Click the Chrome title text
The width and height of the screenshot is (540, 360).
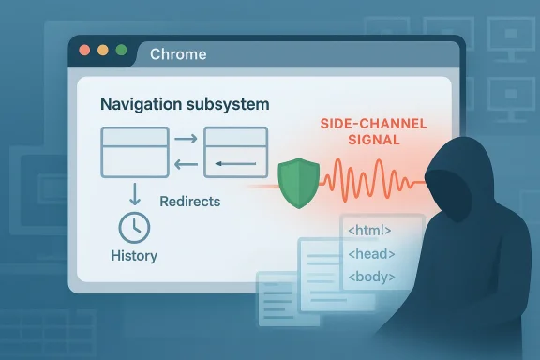pos(178,53)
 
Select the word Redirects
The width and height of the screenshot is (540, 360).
pos(190,201)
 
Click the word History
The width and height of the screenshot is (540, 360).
pos(135,256)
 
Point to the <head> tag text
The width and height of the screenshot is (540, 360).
pos(371,254)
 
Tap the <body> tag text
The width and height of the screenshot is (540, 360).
pos(371,277)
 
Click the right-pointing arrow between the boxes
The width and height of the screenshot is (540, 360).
pos(186,140)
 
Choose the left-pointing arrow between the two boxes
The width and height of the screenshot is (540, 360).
pos(186,166)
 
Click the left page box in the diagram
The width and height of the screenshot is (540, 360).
pos(135,153)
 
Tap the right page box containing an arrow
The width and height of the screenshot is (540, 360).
pos(235,153)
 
